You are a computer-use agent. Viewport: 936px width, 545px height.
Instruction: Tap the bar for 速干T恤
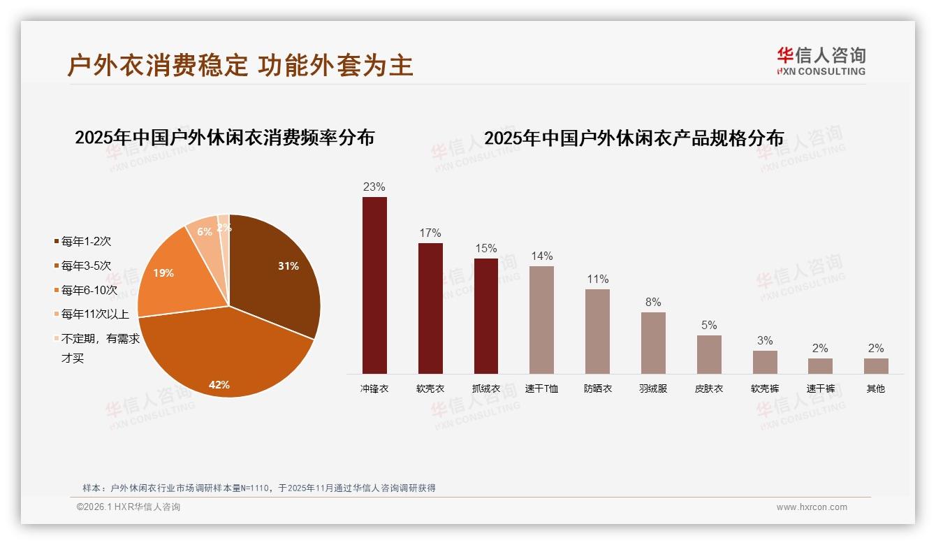541,319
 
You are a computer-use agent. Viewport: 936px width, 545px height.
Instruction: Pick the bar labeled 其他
876,365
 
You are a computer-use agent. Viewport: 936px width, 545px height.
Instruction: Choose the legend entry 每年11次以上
94,314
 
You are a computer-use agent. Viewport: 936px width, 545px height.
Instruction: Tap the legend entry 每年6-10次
89,290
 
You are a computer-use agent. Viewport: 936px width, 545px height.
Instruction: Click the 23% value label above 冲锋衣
374,187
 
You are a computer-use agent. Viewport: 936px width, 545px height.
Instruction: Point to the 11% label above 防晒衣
597,279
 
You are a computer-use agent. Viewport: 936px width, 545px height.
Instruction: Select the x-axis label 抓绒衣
485,388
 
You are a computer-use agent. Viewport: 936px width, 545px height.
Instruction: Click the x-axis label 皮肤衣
709,388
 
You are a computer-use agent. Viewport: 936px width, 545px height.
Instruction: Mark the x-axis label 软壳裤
764,388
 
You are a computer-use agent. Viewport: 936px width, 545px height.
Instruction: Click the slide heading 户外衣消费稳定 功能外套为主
240,65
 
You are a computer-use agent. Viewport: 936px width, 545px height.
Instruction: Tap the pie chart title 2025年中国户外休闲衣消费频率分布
224,137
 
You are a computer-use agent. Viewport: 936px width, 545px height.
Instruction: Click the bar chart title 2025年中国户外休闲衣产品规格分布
634,138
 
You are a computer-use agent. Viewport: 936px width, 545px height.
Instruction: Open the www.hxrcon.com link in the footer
812,507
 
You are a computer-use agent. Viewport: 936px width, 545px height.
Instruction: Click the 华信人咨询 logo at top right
821,61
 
